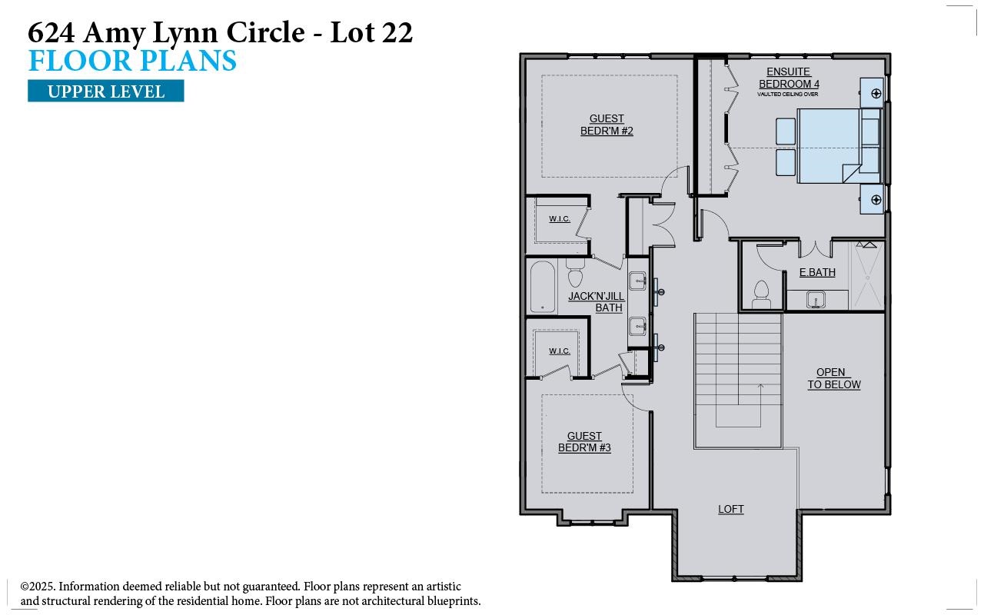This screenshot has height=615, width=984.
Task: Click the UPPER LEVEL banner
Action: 106,91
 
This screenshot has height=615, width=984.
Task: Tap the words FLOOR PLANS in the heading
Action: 132,61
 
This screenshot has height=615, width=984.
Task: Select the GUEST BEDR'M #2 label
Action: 607,125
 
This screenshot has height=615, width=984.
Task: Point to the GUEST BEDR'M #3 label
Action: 584,442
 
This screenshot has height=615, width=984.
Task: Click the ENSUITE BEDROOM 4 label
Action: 789,78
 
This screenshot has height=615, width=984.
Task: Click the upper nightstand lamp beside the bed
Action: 876,94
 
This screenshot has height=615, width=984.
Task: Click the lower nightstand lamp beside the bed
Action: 876,200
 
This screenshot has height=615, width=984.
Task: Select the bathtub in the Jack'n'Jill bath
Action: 543,287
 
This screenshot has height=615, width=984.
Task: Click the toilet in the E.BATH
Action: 761,294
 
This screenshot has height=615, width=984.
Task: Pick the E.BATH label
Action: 817,272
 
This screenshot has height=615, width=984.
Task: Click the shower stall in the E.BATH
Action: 868,275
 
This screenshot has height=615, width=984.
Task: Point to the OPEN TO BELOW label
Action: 833,379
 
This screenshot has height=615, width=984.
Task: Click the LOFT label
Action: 730,509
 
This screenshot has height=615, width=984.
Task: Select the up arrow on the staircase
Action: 760,392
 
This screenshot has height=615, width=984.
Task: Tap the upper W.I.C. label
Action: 560,219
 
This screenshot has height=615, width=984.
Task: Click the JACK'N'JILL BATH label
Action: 597,302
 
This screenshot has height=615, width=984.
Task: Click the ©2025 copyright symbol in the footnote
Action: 25,587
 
